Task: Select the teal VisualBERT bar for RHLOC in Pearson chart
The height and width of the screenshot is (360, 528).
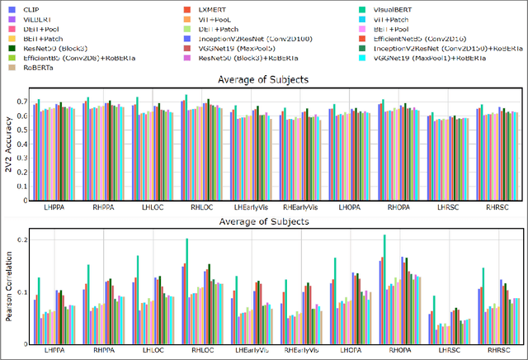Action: click(187, 285)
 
